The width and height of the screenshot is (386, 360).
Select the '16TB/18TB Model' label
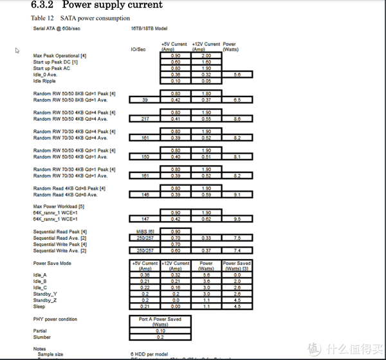(x=149, y=28)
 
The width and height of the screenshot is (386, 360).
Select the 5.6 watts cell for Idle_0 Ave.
(x=237, y=75)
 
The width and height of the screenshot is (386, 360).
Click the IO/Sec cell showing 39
(x=145, y=100)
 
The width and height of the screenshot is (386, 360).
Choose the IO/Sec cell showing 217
(x=145, y=119)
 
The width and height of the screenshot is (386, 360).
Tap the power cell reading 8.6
(x=237, y=119)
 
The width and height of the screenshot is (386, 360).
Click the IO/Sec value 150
(x=145, y=156)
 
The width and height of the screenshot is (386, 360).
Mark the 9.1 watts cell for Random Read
(x=237, y=194)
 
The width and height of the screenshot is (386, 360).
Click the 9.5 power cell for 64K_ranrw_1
(x=237, y=219)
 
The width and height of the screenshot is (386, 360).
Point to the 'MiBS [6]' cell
(x=145, y=231)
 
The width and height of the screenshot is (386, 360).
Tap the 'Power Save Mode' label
(x=52, y=263)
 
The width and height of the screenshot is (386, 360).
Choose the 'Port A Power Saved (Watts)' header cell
(x=160, y=321)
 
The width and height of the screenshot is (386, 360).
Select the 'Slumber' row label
(x=42, y=337)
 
